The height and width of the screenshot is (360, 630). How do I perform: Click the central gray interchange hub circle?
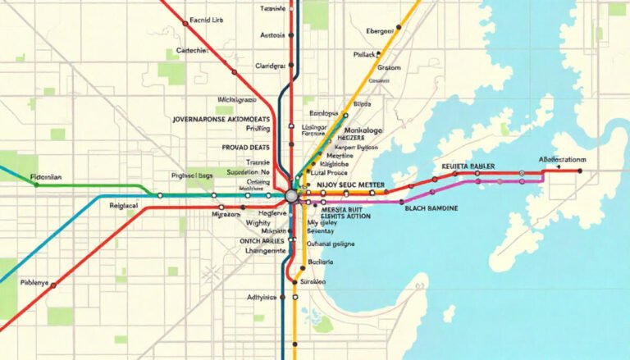[x=291, y=196]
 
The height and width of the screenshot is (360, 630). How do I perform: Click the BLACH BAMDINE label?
[x=431, y=209]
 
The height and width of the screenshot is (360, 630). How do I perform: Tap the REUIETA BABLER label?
[x=468, y=166]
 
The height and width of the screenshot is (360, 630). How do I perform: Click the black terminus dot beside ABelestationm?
[x=579, y=171]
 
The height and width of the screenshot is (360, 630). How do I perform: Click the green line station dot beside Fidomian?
[x=35, y=185]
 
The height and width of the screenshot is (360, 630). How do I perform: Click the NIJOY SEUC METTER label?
[x=351, y=185]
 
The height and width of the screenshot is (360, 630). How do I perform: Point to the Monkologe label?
[x=360, y=130]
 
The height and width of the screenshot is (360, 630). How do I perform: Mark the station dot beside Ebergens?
[x=398, y=28]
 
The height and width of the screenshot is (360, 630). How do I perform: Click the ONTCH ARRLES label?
[x=262, y=240]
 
